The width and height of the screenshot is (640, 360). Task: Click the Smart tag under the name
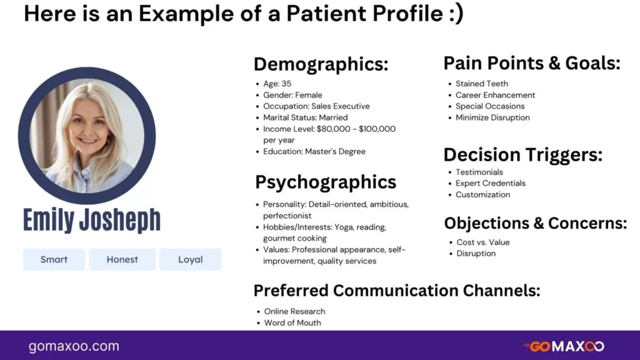click(54, 259)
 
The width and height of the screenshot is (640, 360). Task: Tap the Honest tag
click(122, 259)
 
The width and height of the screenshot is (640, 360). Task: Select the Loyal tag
click(190, 259)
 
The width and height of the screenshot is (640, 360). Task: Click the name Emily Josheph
click(92, 219)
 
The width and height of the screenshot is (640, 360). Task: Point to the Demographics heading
click(321, 64)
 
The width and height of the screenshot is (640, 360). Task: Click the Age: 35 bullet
click(277, 84)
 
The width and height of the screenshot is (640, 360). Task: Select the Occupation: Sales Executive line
click(316, 106)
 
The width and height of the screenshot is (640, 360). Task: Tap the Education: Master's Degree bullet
click(314, 151)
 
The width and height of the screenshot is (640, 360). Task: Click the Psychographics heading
click(326, 182)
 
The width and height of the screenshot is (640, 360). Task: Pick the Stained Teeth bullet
click(482, 84)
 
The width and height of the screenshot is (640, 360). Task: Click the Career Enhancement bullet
click(495, 95)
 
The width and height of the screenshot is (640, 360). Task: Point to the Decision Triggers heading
click(523, 155)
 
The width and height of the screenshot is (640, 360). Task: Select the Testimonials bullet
click(479, 172)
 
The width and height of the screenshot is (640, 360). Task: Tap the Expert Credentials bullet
click(491, 183)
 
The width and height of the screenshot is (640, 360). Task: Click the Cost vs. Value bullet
click(483, 242)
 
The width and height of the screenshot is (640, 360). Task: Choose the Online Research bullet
click(295, 311)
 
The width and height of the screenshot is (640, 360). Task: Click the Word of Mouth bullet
click(292, 323)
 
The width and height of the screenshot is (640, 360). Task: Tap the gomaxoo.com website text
click(74, 346)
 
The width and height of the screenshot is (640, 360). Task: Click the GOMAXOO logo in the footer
click(564, 346)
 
